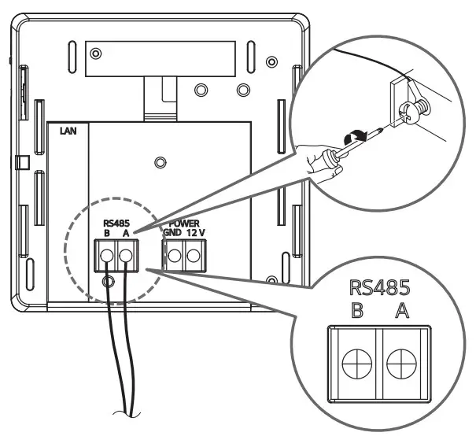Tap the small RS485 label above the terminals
[x=116, y=224]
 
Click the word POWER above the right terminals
[x=183, y=224]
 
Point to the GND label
[x=172, y=232]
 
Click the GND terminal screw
[x=173, y=253]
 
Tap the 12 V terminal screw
[x=192, y=253]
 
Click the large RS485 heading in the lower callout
[x=379, y=285]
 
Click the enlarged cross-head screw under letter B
[x=356, y=365]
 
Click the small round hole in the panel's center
[x=160, y=162]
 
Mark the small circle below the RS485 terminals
[x=109, y=281]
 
